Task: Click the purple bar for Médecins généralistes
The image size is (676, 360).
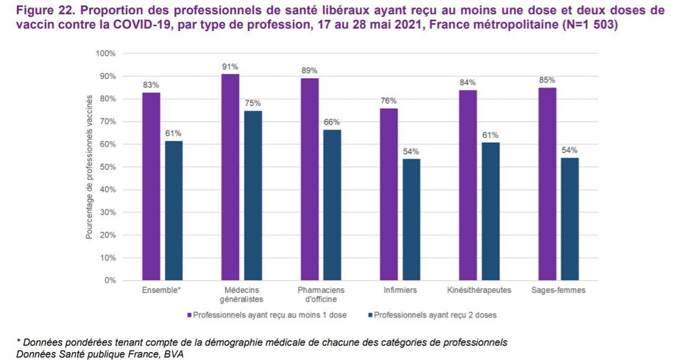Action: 230,178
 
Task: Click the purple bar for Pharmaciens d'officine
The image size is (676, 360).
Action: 309,179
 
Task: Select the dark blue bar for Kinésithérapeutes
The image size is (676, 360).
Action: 490,212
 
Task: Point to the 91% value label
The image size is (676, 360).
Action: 230,66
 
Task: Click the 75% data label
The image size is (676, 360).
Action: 253,103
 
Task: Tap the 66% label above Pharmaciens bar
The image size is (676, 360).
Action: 331,122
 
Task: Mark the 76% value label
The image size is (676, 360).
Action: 389,101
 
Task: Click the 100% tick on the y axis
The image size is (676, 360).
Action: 106,53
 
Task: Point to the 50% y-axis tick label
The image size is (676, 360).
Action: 108,167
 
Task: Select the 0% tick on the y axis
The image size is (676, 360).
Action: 110,281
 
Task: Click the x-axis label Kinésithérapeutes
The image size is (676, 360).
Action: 479,290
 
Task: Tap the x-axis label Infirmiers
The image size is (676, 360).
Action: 400,290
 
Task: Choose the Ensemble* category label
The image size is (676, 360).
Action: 162,290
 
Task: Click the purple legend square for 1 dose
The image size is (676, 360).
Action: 189,315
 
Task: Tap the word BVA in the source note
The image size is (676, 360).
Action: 176,353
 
